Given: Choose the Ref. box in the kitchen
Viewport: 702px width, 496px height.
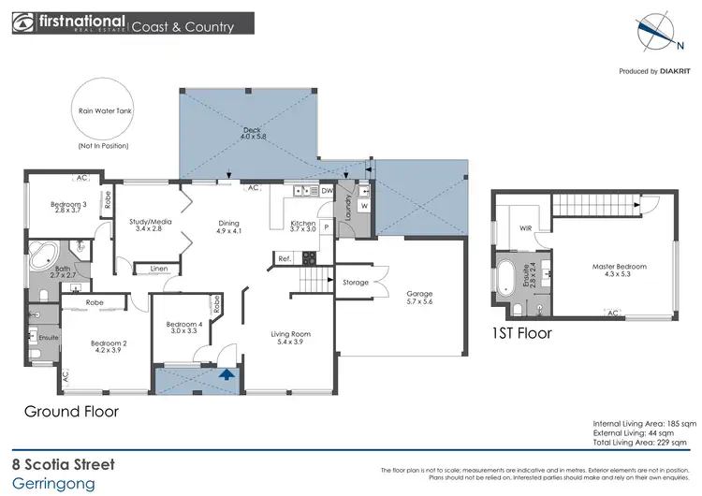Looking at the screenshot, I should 283,258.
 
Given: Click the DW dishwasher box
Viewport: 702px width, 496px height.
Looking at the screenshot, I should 327,191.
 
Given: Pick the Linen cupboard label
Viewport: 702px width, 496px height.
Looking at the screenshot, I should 158,270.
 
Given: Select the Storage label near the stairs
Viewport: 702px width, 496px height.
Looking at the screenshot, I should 356,282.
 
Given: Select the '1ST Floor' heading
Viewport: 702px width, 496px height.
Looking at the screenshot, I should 521,332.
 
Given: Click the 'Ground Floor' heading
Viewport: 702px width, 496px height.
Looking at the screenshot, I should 71,411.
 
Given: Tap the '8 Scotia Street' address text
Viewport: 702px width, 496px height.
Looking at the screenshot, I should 63,464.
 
